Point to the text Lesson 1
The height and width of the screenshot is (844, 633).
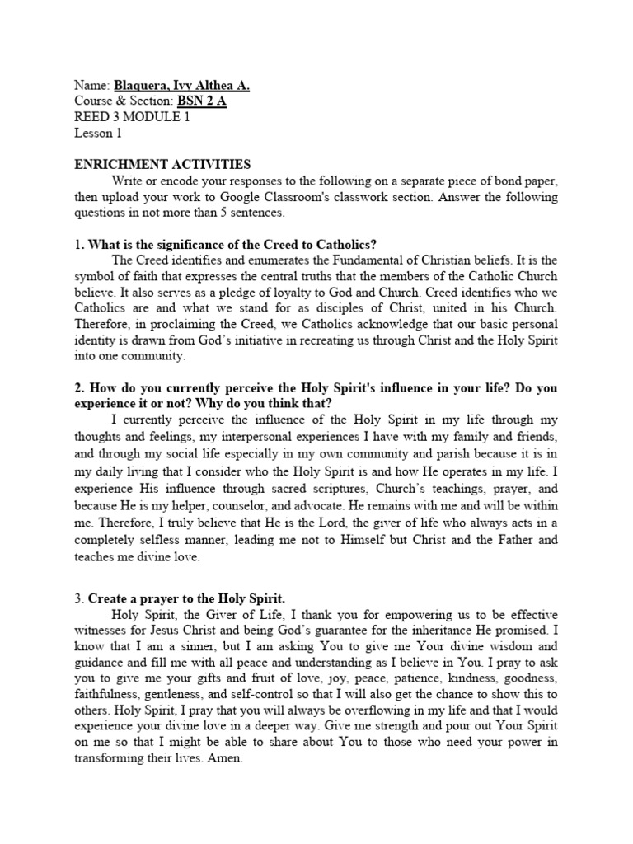pyautogui.click(x=97, y=132)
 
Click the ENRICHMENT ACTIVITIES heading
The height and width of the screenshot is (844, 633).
pyautogui.click(x=162, y=165)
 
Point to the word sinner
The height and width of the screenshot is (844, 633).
pyautogui.click(x=190, y=646)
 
